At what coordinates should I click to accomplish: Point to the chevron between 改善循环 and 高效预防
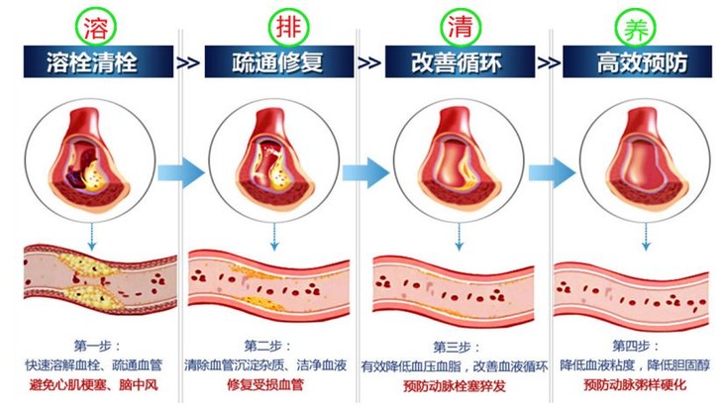coord(547,63)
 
